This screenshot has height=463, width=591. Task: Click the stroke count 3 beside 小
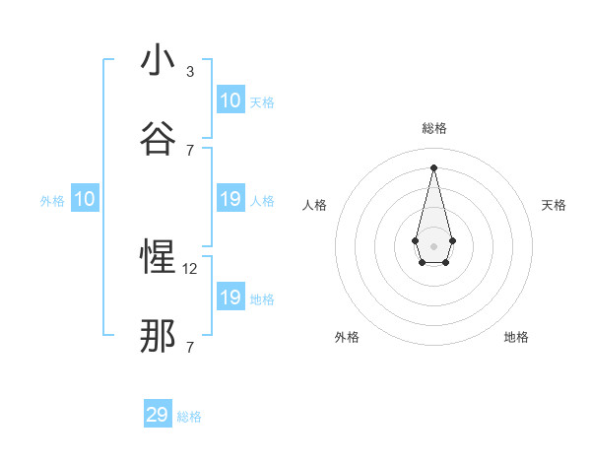point(190,72)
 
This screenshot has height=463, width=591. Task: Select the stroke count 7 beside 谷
point(190,150)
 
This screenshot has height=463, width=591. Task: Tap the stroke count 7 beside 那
point(190,347)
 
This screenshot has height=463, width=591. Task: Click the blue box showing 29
point(158,415)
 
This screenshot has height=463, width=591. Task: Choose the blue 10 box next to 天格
point(230,100)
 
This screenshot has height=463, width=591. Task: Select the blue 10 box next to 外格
point(85,200)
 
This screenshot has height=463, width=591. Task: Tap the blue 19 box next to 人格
point(230,200)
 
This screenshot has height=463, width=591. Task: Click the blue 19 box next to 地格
point(230,298)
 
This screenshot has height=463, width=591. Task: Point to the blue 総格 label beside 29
point(189,417)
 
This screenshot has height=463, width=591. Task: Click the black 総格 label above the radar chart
point(433,129)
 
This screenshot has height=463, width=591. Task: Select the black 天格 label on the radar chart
point(554,205)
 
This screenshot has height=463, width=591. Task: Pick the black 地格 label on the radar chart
point(516,337)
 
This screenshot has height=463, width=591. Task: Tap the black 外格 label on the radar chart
point(347,337)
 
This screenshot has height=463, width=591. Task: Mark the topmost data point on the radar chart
point(433,167)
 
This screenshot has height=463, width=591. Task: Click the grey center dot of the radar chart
point(433,245)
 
